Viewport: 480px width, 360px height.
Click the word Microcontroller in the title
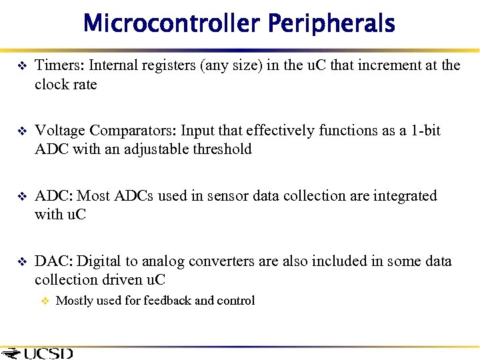click(x=172, y=24)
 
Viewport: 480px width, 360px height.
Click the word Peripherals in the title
click(x=331, y=24)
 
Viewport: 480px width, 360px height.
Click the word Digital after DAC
click(x=99, y=261)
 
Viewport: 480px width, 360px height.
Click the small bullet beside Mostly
click(x=45, y=301)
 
